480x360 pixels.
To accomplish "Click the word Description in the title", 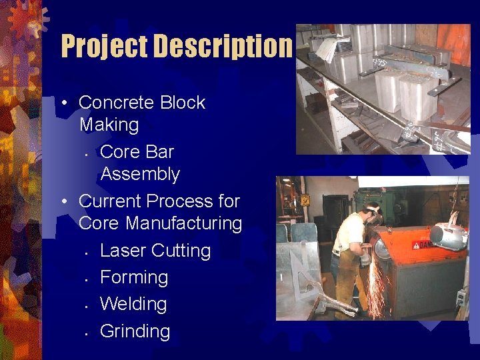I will (x=223, y=47).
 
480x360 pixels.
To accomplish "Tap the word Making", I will (x=109, y=125).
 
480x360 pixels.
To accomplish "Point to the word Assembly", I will (x=140, y=174).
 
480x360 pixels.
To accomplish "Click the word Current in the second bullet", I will (x=110, y=201).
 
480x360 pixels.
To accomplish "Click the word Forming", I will (x=134, y=277).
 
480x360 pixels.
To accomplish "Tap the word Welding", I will (x=133, y=304).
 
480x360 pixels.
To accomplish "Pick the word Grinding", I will (x=135, y=331).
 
